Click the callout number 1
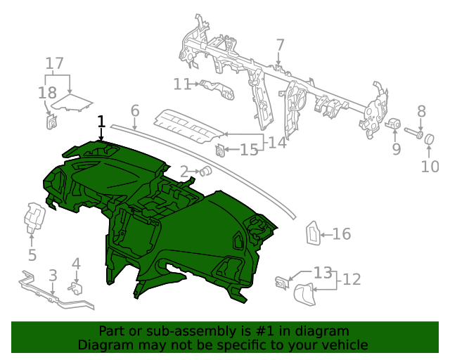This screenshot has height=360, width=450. click(101, 122)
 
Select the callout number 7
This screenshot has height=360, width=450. click(280, 46)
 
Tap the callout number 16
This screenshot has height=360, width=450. click(341, 234)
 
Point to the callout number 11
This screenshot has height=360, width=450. click(182, 84)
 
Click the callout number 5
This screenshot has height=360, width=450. click(32, 255)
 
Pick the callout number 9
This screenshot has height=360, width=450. click(396, 148)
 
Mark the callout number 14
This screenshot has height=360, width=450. click(276, 143)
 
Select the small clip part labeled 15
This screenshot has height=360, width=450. click(220, 149)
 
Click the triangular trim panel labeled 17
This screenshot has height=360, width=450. click(74, 103)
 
